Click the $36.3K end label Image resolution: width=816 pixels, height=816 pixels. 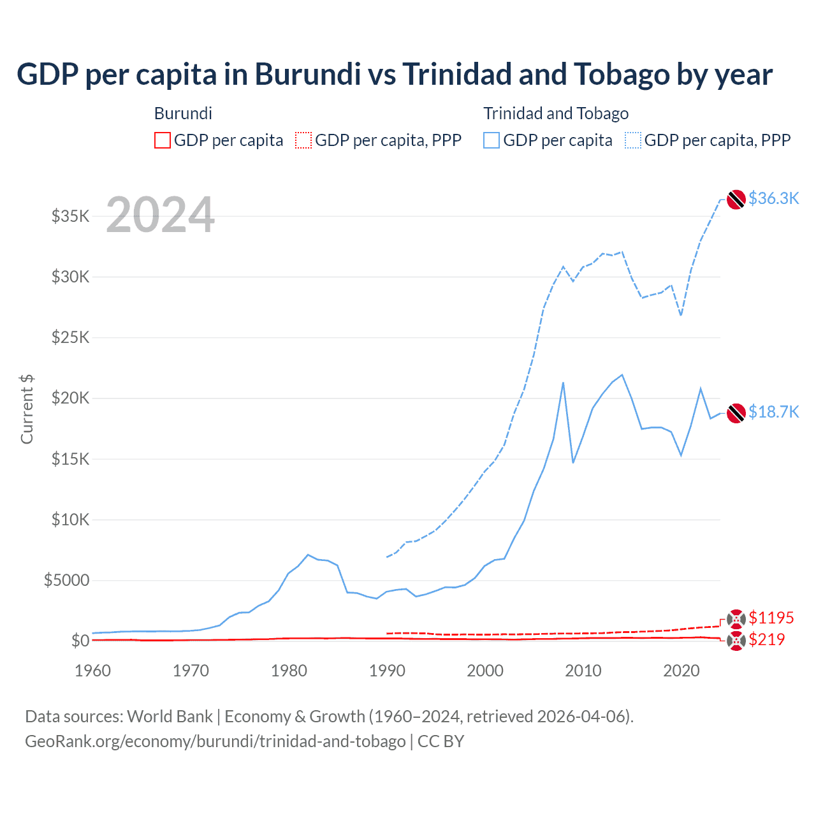click(773, 198)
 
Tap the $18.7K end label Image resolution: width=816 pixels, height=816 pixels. click(773, 412)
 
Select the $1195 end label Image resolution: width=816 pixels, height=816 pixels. click(771, 618)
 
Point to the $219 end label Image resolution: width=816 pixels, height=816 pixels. click(766, 639)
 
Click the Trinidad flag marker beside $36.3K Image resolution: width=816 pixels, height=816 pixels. click(736, 200)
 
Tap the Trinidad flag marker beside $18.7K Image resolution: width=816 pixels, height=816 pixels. click(736, 413)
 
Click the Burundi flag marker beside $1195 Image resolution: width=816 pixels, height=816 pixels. click(736, 618)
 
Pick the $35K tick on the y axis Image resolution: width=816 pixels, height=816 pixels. click(70, 216)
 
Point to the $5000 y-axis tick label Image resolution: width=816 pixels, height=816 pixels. click(66, 580)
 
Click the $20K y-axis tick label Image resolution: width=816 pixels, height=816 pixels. click(70, 398)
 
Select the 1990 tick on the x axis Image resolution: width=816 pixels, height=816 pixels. click(387, 671)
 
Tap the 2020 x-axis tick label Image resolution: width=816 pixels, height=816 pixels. click(681, 671)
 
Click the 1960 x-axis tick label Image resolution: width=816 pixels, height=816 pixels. click(93, 671)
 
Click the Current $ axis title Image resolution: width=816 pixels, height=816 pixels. click(27, 409)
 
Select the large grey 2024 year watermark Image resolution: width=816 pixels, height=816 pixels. click(160, 215)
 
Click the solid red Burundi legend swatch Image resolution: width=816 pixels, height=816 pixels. click(163, 140)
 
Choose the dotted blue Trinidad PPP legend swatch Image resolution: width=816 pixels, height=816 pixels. click(633, 140)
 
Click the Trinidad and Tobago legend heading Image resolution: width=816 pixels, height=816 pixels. click(556, 113)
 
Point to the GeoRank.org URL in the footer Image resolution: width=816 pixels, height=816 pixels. click(215, 741)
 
